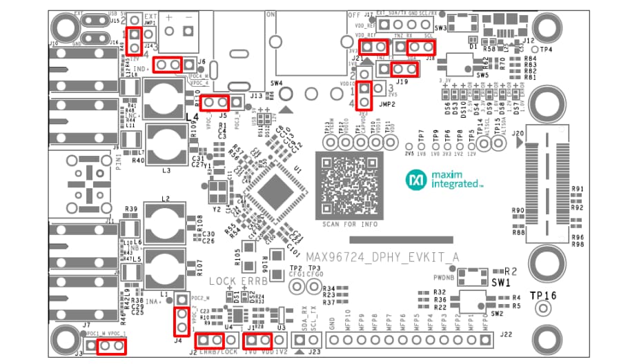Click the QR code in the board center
349,185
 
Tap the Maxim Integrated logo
444,181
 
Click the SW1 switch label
500,283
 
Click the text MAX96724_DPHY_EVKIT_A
382,257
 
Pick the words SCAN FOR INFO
349,225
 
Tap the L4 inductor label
192,118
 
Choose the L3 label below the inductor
166,169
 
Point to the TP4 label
545,50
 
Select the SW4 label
277,83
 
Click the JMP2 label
386,105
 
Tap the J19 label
402,82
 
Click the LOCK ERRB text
236,281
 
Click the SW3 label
442,28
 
